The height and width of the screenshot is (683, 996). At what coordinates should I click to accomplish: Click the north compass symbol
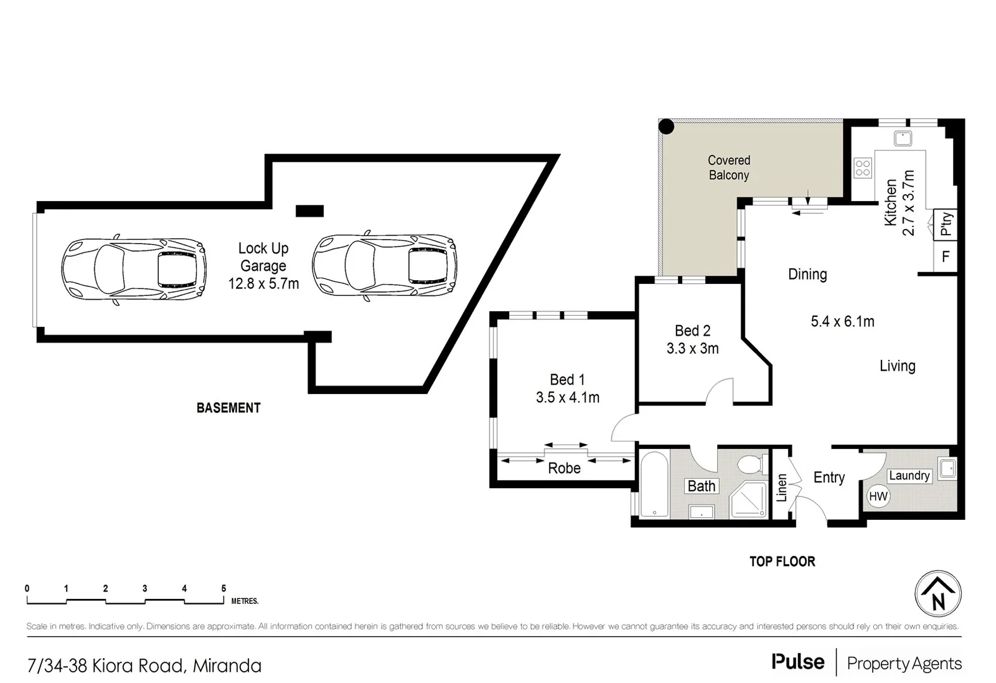click(x=938, y=594)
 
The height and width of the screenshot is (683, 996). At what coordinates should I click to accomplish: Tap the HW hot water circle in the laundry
click(x=878, y=496)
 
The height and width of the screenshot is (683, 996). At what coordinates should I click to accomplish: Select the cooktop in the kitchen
click(x=863, y=168)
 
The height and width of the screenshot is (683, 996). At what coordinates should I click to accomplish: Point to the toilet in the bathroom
click(x=753, y=464)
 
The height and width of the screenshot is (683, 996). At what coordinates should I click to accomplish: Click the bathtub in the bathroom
click(x=655, y=484)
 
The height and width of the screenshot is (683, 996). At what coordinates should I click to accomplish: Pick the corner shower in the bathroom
click(x=749, y=500)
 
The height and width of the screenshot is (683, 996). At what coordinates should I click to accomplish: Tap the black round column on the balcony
click(x=666, y=126)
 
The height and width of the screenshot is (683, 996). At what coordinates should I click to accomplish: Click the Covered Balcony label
click(x=729, y=168)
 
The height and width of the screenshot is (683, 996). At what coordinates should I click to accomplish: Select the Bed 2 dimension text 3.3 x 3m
click(x=692, y=348)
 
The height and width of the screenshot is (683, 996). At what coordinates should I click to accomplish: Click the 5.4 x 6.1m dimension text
click(x=842, y=321)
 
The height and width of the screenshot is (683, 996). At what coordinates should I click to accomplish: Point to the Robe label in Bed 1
click(x=564, y=468)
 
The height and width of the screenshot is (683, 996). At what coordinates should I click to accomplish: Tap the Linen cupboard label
click(x=782, y=488)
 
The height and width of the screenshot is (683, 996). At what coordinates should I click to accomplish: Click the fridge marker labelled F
click(x=946, y=257)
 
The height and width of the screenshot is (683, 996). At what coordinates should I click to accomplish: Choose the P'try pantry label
click(x=946, y=224)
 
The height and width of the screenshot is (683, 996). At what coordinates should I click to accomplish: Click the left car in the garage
click(x=134, y=269)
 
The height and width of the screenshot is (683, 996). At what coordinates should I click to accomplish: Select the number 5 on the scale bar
click(x=224, y=588)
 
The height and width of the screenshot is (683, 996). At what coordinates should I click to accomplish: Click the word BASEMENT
click(x=228, y=408)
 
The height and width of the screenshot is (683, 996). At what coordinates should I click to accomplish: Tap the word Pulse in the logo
click(x=798, y=661)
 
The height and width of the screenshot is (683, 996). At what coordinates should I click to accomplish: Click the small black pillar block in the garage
click(x=309, y=211)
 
